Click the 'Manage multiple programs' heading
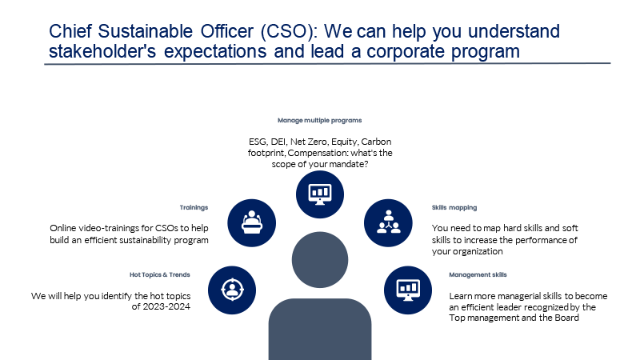point(319,121)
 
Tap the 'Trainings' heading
point(194,207)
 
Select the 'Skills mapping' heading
point(454,207)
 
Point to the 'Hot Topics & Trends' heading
point(159,274)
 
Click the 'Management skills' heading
point(478,274)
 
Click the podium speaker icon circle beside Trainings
point(251,223)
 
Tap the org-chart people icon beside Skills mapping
point(388,223)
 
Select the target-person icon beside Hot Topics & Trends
point(232,290)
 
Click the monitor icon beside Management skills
point(408,290)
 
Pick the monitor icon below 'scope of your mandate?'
point(319,194)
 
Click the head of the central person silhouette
point(320,259)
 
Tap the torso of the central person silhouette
point(320,329)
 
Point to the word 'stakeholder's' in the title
point(102,51)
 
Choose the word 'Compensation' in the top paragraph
point(313,153)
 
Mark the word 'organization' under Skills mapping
point(477,251)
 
